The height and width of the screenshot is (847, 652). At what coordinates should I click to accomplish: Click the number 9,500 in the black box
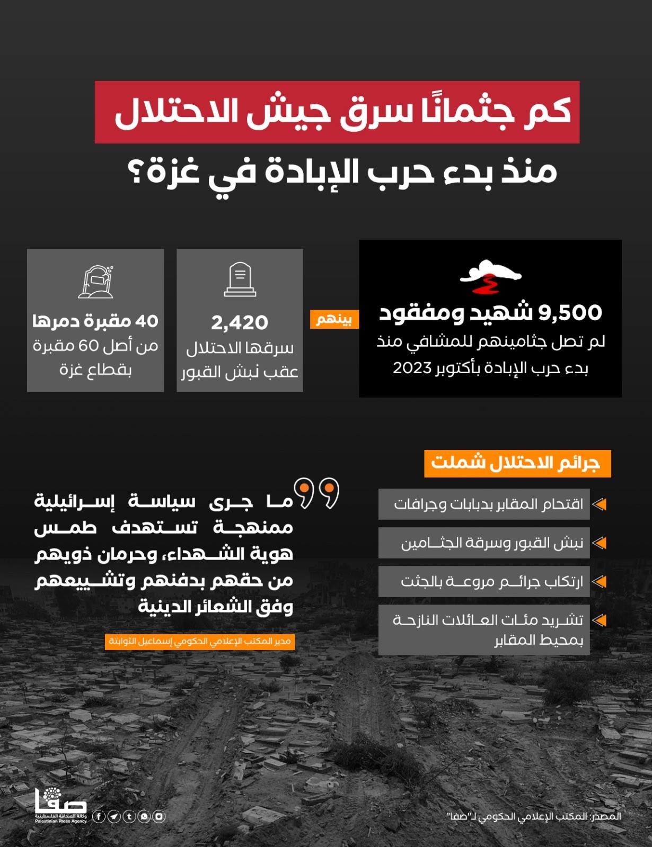[x=570, y=313]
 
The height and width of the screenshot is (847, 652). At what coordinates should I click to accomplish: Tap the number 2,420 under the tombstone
[x=240, y=322]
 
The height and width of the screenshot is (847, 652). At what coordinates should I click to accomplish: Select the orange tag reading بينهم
[x=334, y=319]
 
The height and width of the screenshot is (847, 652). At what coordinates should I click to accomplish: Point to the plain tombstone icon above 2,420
[x=240, y=280]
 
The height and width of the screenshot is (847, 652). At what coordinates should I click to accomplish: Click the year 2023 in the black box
[x=412, y=368]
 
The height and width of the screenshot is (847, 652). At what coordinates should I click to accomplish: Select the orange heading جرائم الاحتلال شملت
[x=517, y=463]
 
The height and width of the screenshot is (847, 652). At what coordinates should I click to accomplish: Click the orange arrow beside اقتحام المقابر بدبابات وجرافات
[x=599, y=504]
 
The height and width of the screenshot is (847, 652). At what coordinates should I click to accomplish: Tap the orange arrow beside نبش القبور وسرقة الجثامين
[x=599, y=543]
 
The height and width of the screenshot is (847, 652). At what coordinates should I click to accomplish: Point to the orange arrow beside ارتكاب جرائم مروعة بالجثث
[x=599, y=581]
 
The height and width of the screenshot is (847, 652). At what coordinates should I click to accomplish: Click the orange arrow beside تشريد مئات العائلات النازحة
[x=599, y=620]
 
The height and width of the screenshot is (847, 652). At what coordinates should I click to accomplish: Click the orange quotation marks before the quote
[x=317, y=493]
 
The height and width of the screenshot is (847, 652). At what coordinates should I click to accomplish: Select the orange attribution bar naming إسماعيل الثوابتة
[x=200, y=642]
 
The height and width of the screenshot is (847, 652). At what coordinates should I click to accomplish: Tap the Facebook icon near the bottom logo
[x=99, y=816]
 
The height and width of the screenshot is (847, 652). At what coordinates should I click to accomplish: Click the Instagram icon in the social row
[x=159, y=816]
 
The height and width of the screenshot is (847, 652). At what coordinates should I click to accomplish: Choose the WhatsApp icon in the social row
[x=144, y=816]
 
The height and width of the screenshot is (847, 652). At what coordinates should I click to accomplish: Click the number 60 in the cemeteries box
[x=89, y=346]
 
